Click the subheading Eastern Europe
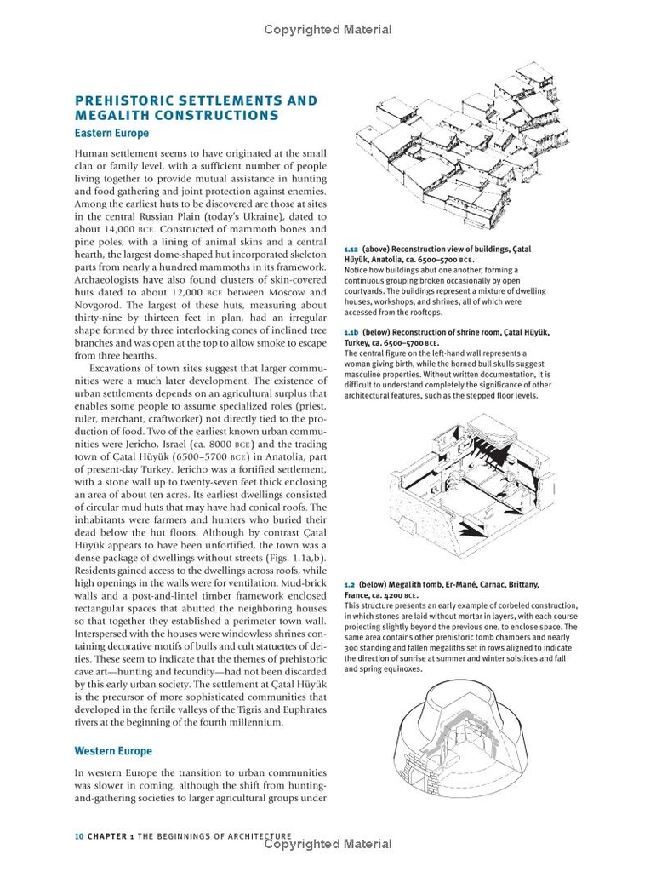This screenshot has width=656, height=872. point(111,134)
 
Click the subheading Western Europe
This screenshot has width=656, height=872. point(113,751)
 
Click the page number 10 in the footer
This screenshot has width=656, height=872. point(78,836)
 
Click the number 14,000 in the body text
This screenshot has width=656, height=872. point(116,230)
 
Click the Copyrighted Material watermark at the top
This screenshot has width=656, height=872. point(328,30)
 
